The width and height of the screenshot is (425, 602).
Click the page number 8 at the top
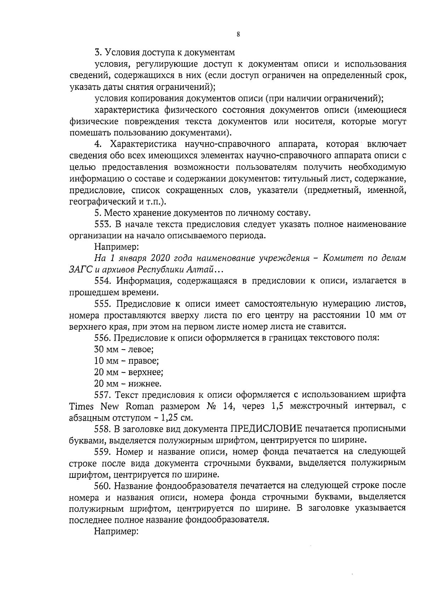238,34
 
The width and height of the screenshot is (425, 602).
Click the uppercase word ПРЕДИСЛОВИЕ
266,429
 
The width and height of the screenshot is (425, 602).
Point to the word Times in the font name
81,406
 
